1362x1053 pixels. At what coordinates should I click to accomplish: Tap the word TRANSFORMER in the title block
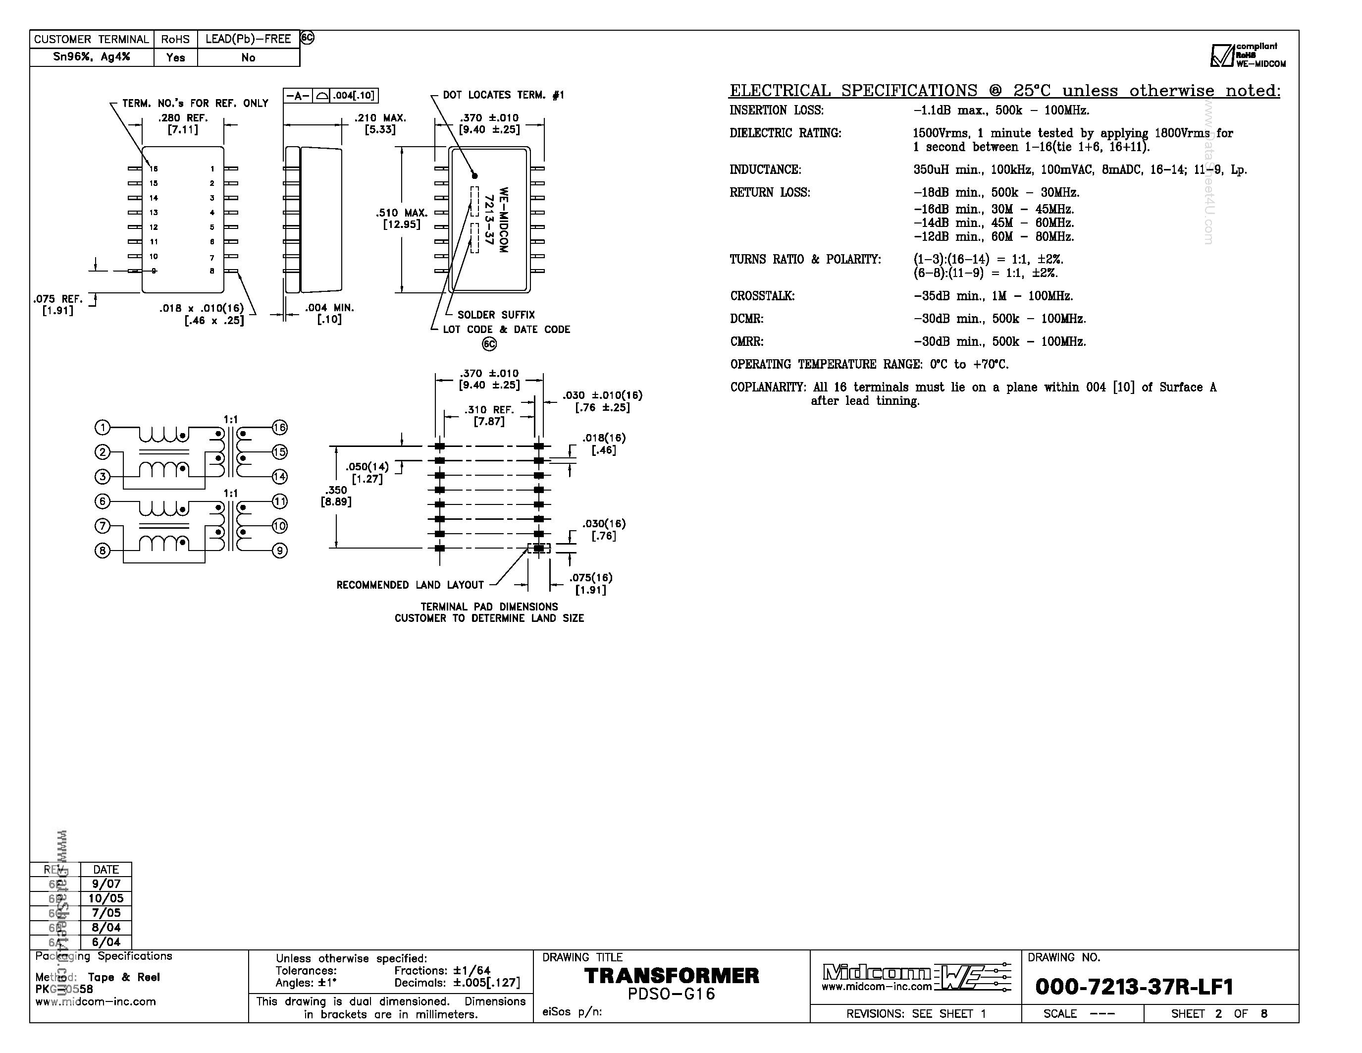[x=671, y=976]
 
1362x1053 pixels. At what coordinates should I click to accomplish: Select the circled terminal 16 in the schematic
[x=279, y=427]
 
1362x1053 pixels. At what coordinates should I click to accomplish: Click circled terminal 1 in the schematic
[x=103, y=427]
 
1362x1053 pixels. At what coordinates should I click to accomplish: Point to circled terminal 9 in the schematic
[x=280, y=550]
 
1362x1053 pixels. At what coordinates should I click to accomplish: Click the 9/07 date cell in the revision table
[x=106, y=884]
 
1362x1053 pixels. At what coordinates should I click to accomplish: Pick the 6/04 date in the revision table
[x=106, y=942]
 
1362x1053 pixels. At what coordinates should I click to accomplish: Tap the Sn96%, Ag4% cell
[x=92, y=57]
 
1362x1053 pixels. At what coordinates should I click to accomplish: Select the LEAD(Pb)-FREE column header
[x=248, y=39]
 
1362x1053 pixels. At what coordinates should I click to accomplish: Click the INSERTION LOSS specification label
[x=777, y=111]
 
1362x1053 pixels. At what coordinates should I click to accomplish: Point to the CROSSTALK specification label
[x=762, y=296]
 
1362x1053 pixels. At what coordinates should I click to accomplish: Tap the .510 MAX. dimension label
[x=402, y=213]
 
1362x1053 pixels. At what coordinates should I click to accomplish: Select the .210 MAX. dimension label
[x=380, y=118]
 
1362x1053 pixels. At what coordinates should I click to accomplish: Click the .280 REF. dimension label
[x=183, y=118]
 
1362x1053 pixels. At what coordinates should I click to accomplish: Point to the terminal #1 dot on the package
[x=474, y=176]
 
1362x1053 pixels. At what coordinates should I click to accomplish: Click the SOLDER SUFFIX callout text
[x=496, y=315]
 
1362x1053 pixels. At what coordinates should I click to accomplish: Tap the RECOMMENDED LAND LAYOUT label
[x=410, y=585]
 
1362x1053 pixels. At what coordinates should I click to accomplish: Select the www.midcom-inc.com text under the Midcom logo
[x=876, y=987]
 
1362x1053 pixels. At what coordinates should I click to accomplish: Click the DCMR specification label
[x=746, y=319]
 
